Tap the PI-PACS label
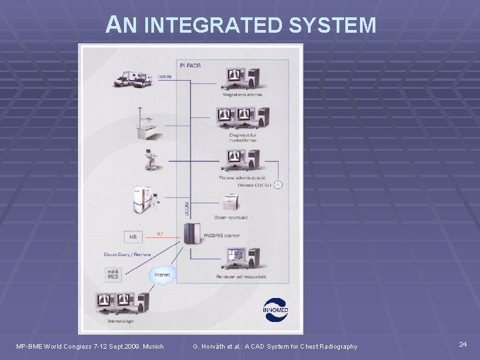191,65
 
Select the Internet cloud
161,274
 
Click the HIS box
132,236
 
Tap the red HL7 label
159,233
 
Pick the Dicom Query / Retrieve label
127,253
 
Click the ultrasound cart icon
147,159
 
